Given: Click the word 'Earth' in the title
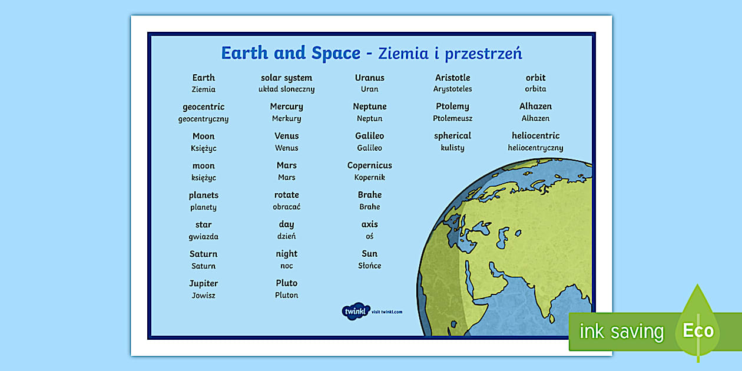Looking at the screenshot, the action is (x=244, y=53).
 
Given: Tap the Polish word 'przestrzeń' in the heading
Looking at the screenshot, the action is (x=483, y=54).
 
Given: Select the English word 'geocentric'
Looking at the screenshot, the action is (x=203, y=107).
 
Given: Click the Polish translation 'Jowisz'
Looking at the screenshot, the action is (x=203, y=295).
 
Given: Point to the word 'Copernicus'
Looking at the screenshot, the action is (x=369, y=165).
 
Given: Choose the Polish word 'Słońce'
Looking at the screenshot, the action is (x=369, y=266).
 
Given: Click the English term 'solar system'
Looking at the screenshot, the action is (x=287, y=78).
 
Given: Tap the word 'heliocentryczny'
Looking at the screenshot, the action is (x=535, y=148).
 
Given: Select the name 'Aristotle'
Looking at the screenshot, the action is (x=452, y=78).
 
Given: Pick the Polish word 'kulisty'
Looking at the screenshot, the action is (x=452, y=148).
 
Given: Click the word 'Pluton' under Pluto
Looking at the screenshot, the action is (x=287, y=295).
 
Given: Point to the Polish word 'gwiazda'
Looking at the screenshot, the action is (x=203, y=237).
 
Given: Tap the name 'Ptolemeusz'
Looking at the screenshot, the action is (x=452, y=118).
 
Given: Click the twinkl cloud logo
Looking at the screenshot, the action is (x=356, y=312).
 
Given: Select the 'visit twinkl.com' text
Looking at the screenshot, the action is (x=387, y=312).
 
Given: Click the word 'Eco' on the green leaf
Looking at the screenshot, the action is (x=698, y=330).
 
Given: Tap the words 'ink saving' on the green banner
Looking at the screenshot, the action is (x=622, y=332).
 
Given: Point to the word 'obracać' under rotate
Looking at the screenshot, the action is (x=287, y=207).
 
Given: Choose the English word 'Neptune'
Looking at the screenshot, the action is (x=369, y=107).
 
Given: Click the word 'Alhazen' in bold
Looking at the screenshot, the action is (x=535, y=107).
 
